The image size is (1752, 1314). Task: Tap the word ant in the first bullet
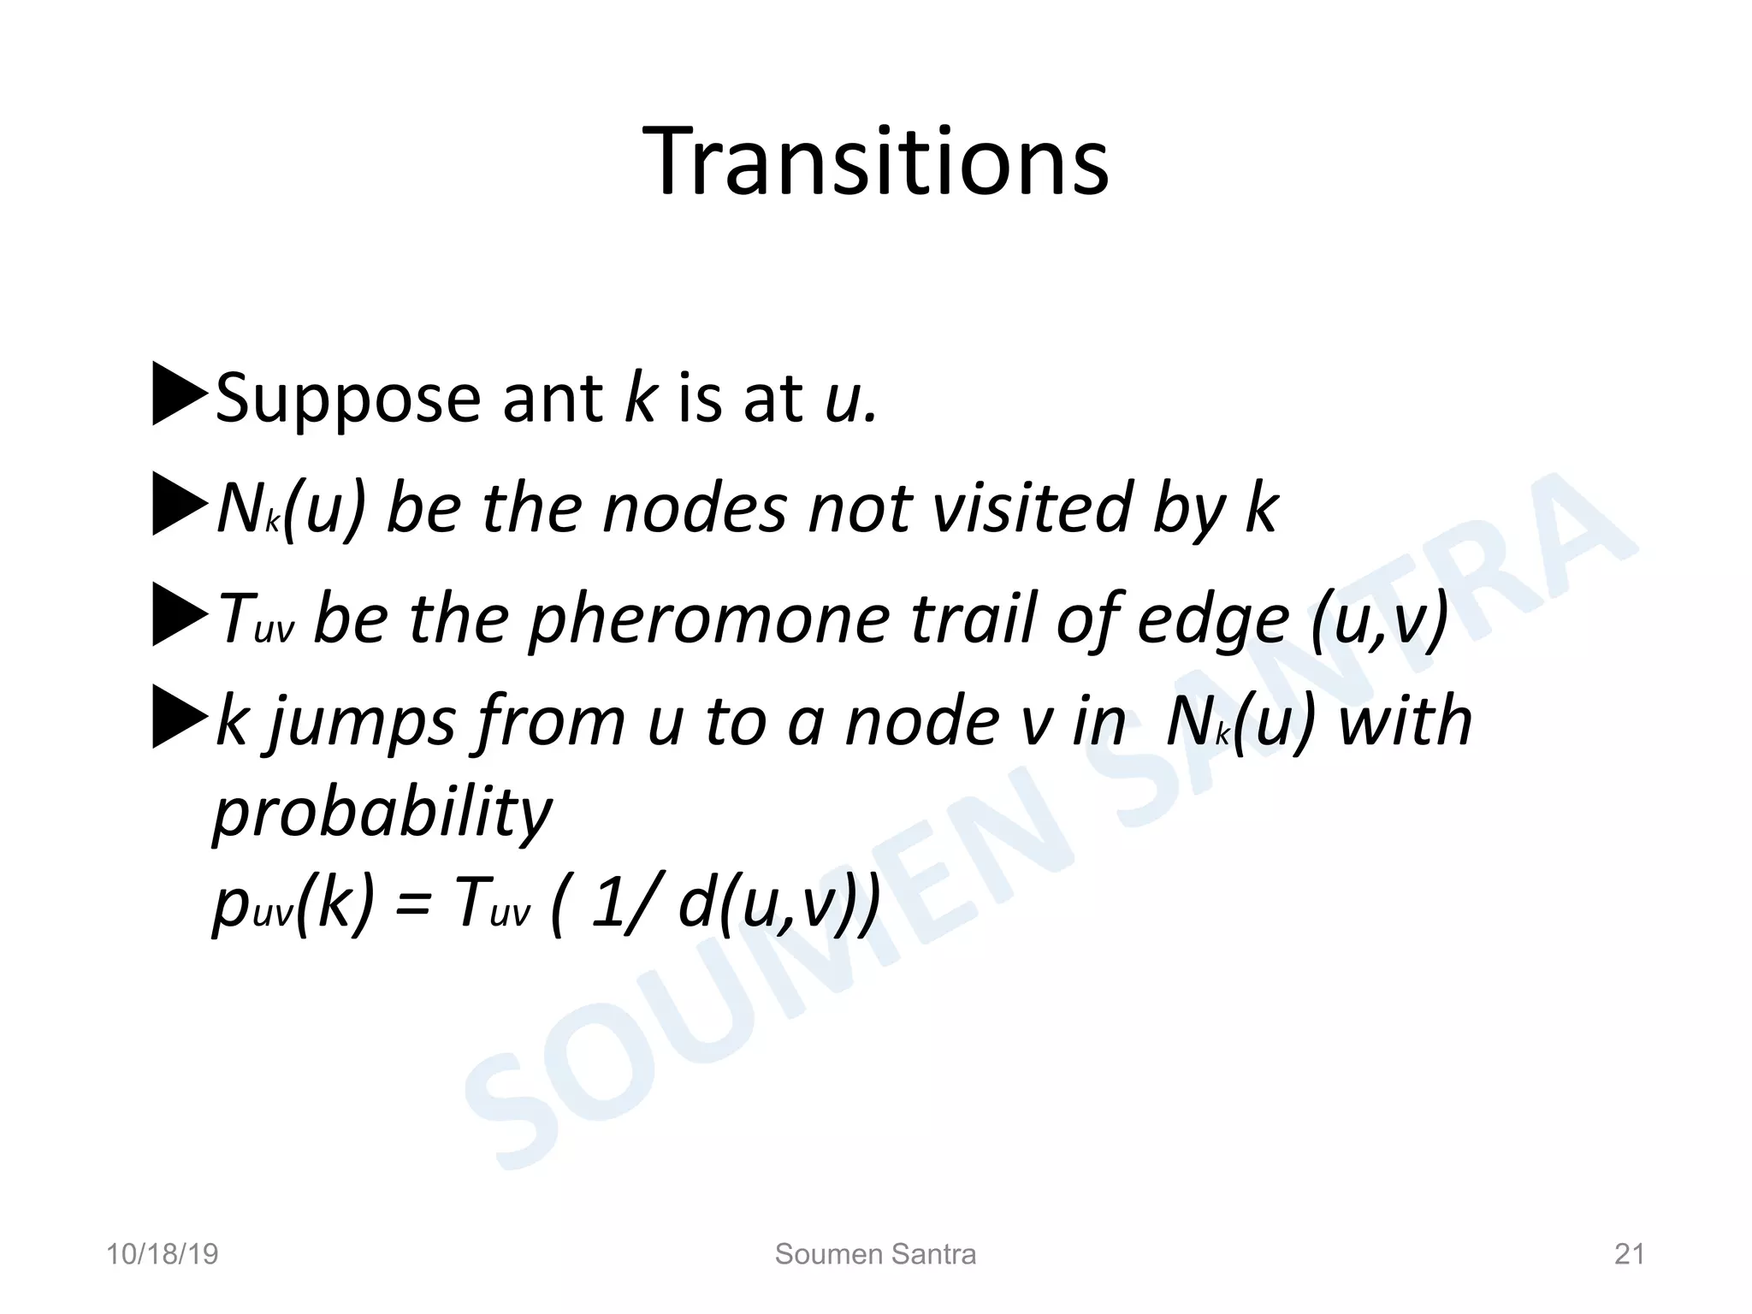click(x=553, y=399)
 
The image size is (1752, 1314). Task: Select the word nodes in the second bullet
click(x=694, y=509)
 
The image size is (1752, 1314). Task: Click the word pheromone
click(x=708, y=619)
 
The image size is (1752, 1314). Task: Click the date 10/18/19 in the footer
click(x=162, y=1254)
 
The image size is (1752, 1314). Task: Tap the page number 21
click(x=1629, y=1254)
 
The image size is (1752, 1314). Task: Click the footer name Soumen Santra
click(x=875, y=1254)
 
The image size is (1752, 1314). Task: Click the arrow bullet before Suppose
click(x=179, y=394)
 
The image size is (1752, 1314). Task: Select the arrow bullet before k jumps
click(x=179, y=717)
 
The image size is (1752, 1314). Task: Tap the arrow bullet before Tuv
click(x=179, y=614)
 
